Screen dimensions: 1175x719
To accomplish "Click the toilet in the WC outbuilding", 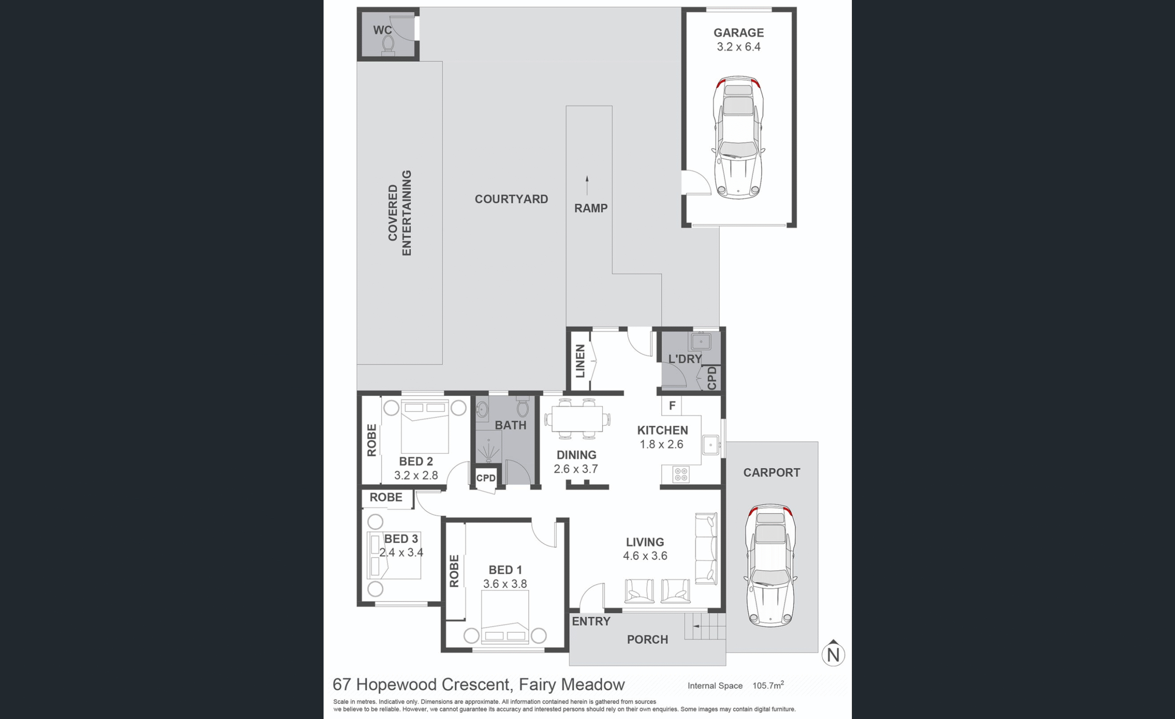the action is click(x=388, y=45).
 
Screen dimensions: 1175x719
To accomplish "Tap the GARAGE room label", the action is click(x=738, y=33).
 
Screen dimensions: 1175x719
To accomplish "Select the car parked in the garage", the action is click(x=738, y=137).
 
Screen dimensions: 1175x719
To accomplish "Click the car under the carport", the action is click(x=770, y=565).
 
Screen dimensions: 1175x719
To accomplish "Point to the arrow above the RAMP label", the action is click(x=587, y=185).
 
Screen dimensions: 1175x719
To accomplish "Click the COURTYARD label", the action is click(x=511, y=199).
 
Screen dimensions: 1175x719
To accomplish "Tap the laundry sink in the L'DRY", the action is click(x=701, y=341).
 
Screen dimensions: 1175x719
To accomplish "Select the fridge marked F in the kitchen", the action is click(x=671, y=406).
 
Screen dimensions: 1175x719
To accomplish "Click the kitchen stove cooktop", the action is click(x=681, y=474).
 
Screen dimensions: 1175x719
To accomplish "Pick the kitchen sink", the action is click(x=711, y=445).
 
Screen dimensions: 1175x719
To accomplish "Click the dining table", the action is click(x=577, y=419).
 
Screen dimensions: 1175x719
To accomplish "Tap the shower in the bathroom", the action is click(x=488, y=446).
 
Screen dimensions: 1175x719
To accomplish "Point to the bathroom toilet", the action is click(x=523, y=407).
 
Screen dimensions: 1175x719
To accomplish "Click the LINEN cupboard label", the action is click(x=580, y=361).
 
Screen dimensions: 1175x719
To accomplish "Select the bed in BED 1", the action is click(x=505, y=617).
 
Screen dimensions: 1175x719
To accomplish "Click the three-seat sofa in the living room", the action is click(x=706, y=549).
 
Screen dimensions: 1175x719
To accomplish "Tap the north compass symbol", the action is click(x=833, y=653).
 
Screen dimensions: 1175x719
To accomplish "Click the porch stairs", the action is click(x=705, y=626).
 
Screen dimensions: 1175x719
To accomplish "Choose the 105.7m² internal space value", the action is click(x=768, y=685).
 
